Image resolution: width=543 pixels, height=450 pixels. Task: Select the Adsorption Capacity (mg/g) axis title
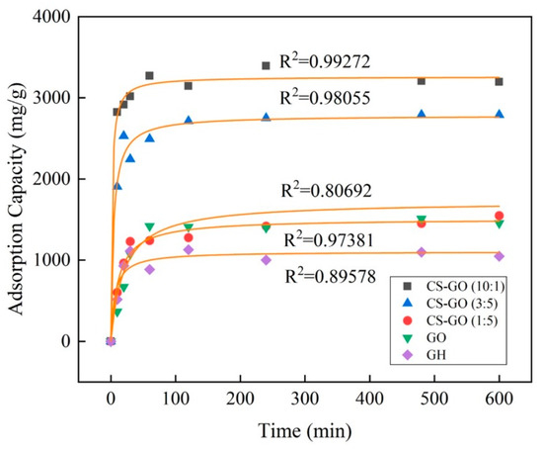pos(17,198)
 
